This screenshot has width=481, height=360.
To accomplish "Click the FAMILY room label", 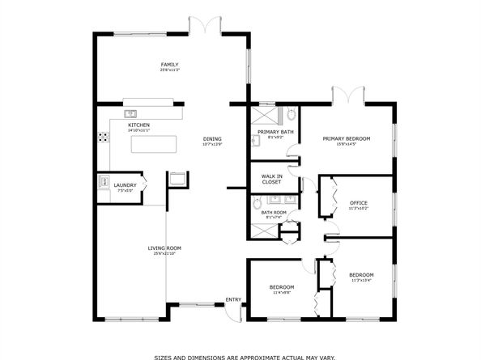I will (x=169, y=65).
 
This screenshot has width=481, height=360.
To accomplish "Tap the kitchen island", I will (x=153, y=145).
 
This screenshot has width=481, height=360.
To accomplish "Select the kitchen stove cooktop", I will (x=103, y=138).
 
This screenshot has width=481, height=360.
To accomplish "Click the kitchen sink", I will (x=130, y=112).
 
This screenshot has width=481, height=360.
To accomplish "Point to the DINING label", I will (x=212, y=138).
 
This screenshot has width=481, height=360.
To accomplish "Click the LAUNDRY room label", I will (x=125, y=184).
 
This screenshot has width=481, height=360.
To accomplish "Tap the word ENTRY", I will (x=233, y=300).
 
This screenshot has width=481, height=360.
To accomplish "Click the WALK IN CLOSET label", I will (x=271, y=179).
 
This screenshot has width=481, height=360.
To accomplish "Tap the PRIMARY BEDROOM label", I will (x=346, y=138).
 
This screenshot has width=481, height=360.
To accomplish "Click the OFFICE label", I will (x=359, y=202).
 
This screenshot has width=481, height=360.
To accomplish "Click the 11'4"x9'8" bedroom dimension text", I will (x=282, y=293).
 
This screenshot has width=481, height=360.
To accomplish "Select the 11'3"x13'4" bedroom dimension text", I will (x=360, y=281).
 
